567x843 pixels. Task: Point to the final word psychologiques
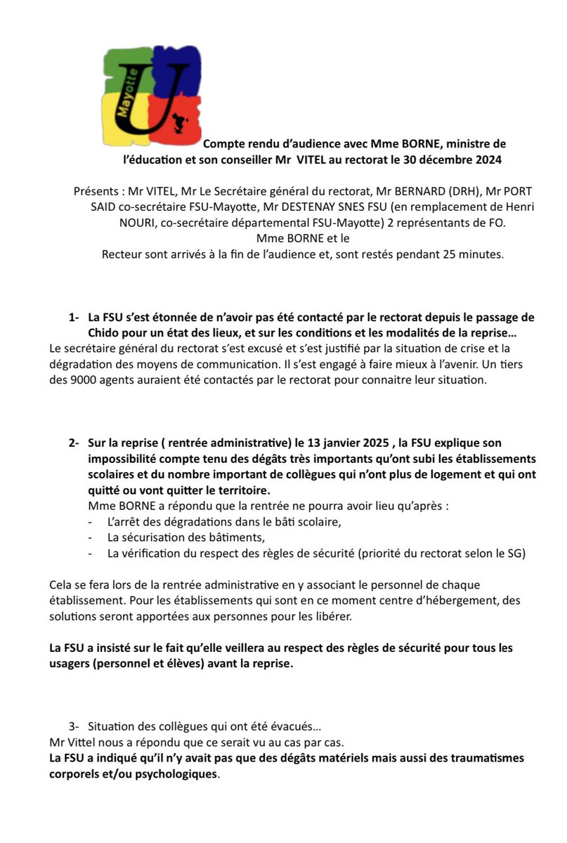175,775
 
